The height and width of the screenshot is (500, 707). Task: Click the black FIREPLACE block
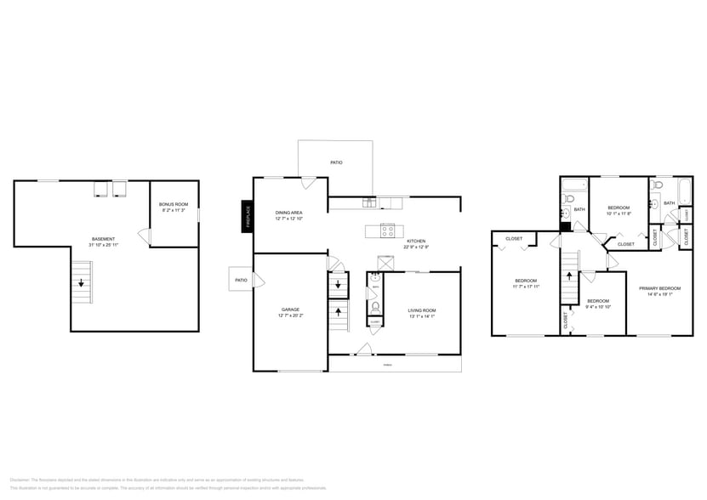pyautogui.click(x=248, y=214)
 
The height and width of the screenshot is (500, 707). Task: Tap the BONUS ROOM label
pyautogui.click(x=173, y=205)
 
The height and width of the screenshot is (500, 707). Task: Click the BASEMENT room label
pyautogui.click(x=104, y=239)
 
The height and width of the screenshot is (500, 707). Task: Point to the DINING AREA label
pyautogui.click(x=288, y=213)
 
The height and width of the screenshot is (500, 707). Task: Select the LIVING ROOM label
pyautogui.click(x=422, y=310)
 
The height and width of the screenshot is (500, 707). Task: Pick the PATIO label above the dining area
pyautogui.click(x=337, y=162)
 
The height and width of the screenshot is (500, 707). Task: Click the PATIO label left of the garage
pyautogui.click(x=241, y=280)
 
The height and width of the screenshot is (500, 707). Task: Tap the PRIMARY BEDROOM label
pyautogui.click(x=659, y=288)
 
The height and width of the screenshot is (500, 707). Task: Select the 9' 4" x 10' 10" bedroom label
pyautogui.click(x=599, y=301)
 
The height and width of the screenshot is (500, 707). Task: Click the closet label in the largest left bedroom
pyautogui.click(x=514, y=239)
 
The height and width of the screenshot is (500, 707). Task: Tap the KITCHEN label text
pyautogui.click(x=416, y=241)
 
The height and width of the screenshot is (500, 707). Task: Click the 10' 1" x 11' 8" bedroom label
pyautogui.click(x=619, y=208)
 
